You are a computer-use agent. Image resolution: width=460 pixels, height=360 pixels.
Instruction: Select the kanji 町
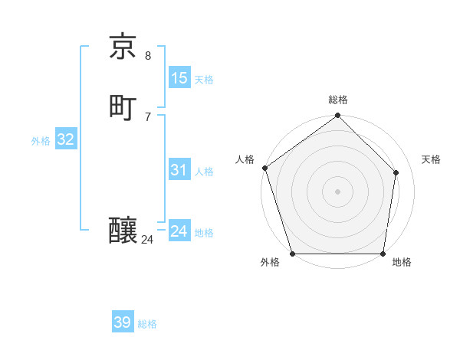(x=123, y=107)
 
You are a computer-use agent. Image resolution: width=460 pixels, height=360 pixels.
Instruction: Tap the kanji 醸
(x=123, y=231)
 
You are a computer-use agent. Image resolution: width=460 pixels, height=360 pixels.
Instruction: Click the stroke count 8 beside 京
(x=148, y=55)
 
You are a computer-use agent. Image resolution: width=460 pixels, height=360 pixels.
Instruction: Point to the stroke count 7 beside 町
(x=148, y=116)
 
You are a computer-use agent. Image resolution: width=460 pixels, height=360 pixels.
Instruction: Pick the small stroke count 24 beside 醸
(x=148, y=240)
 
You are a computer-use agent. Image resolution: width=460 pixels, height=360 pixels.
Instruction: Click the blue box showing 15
(x=179, y=78)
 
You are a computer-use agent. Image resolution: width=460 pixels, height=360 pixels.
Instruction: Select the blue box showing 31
(x=179, y=170)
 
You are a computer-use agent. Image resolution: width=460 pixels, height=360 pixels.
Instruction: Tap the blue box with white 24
(x=179, y=231)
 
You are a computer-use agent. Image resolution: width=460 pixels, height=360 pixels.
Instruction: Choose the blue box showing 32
(x=65, y=139)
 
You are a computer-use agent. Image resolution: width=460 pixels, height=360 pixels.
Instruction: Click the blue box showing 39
(x=122, y=323)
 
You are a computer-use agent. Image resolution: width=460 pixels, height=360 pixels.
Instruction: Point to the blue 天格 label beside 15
(x=204, y=80)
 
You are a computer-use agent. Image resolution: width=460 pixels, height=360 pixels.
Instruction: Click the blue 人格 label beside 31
(x=204, y=172)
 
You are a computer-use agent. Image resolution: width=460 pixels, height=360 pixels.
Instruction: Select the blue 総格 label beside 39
(x=147, y=325)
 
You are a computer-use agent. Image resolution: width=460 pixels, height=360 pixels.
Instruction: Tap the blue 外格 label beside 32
(x=41, y=141)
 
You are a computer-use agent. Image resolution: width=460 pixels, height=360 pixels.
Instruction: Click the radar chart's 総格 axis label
(x=338, y=100)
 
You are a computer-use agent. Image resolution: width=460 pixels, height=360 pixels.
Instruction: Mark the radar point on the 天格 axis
(x=396, y=172)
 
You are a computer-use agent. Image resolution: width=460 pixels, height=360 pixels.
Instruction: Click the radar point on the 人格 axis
(x=264, y=168)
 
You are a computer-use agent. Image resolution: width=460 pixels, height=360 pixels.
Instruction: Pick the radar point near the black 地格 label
(x=383, y=254)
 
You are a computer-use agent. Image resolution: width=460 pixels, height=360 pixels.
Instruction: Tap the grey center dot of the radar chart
(x=337, y=191)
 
